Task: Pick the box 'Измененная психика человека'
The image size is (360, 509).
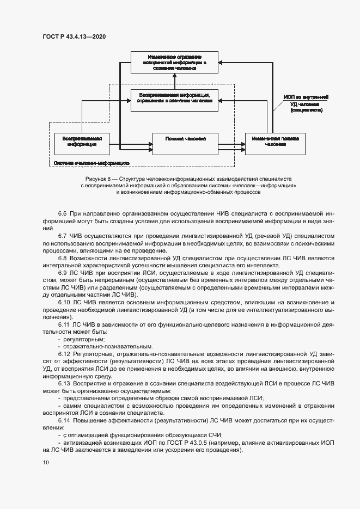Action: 274,142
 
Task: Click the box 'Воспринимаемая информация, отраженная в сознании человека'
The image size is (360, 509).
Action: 175,100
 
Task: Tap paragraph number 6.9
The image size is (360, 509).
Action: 62,271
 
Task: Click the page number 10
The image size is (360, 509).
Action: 46,463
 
